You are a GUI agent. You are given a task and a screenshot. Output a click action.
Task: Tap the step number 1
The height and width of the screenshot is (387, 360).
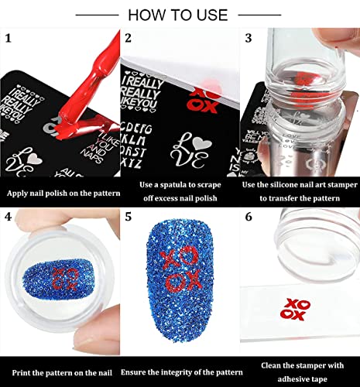(x=9, y=38)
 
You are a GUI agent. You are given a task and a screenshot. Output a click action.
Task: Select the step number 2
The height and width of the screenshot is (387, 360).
(x=129, y=38)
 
